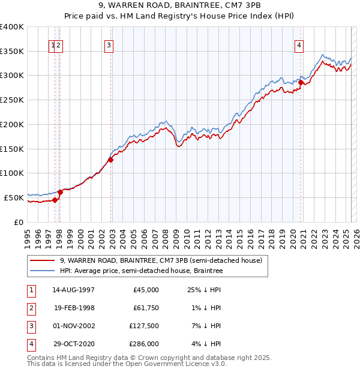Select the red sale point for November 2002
(111, 160)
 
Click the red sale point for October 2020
(301, 83)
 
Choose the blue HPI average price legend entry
(141, 271)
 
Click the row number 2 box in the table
(31, 308)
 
